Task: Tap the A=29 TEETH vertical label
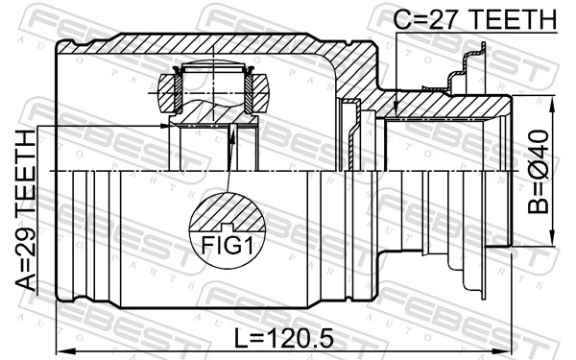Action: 26,210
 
